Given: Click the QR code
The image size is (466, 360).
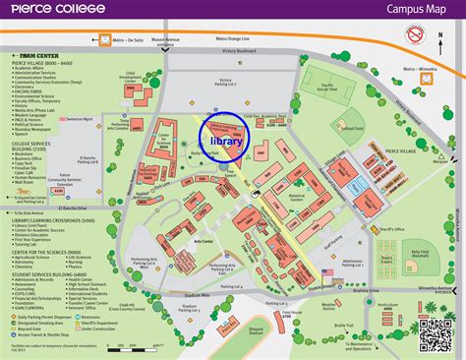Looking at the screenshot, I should [x=437, y=334].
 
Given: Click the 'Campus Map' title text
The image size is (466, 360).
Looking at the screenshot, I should [x=412, y=11].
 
